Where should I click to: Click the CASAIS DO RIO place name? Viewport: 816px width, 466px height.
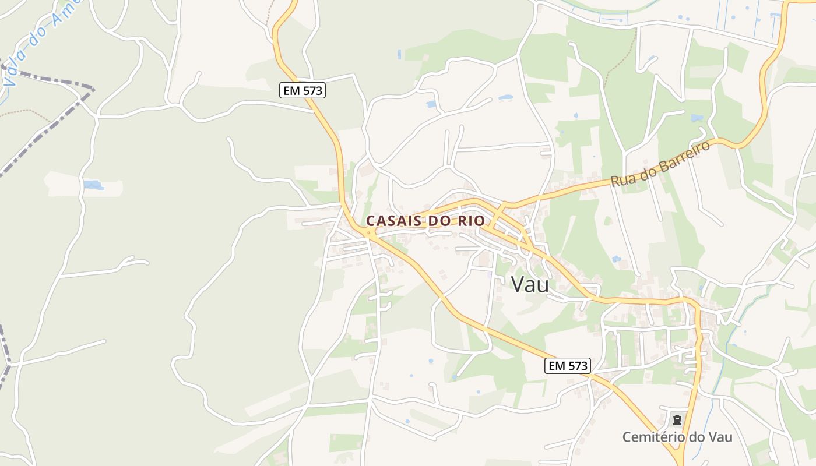click(x=425, y=221)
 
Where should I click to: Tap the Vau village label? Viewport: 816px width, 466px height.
click(x=530, y=284)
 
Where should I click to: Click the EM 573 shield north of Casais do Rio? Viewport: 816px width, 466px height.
click(x=302, y=90)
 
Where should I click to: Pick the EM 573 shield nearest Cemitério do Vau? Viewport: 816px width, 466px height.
click(x=568, y=366)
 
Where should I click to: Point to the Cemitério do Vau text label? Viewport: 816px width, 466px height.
click(x=677, y=437)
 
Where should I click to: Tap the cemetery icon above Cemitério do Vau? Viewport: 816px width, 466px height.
click(x=677, y=419)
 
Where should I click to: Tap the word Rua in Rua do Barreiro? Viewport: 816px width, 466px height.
click(x=621, y=179)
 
